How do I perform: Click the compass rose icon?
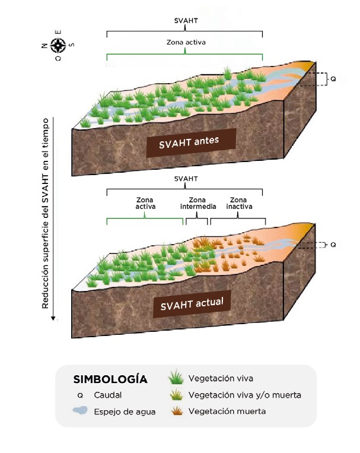(58, 44)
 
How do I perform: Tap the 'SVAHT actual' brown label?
(192, 305)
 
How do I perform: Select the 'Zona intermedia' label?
(197, 203)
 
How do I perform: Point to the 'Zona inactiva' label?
(238, 203)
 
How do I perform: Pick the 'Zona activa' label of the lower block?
(145, 203)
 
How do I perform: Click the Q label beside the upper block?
(333, 78)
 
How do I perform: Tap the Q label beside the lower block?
(333, 244)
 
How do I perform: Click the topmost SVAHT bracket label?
(185, 21)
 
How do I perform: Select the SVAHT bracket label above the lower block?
(185, 178)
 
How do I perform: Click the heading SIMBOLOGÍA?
(110, 379)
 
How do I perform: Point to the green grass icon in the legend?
(175, 378)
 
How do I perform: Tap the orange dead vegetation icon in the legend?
(175, 410)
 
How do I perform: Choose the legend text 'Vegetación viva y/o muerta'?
(244, 395)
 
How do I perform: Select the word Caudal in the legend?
(107, 395)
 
